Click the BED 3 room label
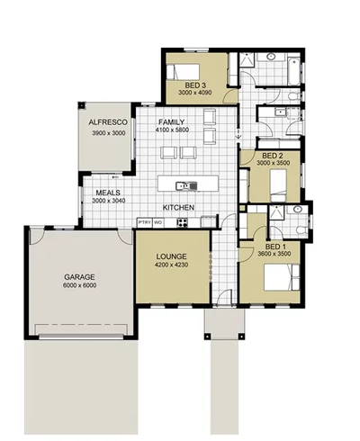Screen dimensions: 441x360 (x=194, y=85)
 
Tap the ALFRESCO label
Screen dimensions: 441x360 (x=106, y=122)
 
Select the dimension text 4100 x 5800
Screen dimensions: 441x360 (x=172, y=130)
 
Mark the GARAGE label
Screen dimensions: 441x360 (x=79, y=276)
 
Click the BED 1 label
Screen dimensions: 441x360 (x=276, y=245)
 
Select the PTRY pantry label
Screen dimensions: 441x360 (x=143, y=221)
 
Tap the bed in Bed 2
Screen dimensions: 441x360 (x=278, y=185)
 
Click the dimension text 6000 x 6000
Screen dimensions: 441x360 (x=79, y=285)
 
